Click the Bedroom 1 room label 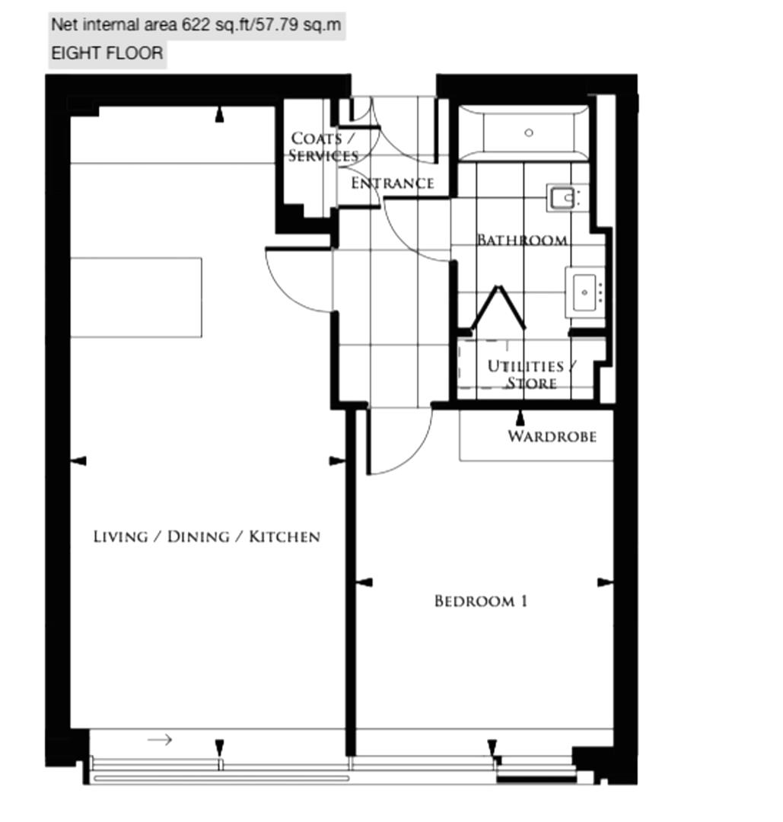click(481, 601)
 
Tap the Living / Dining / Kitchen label click(206, 537)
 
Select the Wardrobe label click(552, 436)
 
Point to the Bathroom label click(522, 240)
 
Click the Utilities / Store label click(531, 374)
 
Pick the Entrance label click(393, 183)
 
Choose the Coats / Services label click(323, 147)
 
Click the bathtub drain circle click(529, 132)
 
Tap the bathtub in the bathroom click(523, 133)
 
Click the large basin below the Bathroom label click(584, 292)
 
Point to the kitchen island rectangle click(136, 298)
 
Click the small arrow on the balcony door click(160, 740)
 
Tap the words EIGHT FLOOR click(107, 53)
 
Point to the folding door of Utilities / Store click(498, 307)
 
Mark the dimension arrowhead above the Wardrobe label click(520, 418)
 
